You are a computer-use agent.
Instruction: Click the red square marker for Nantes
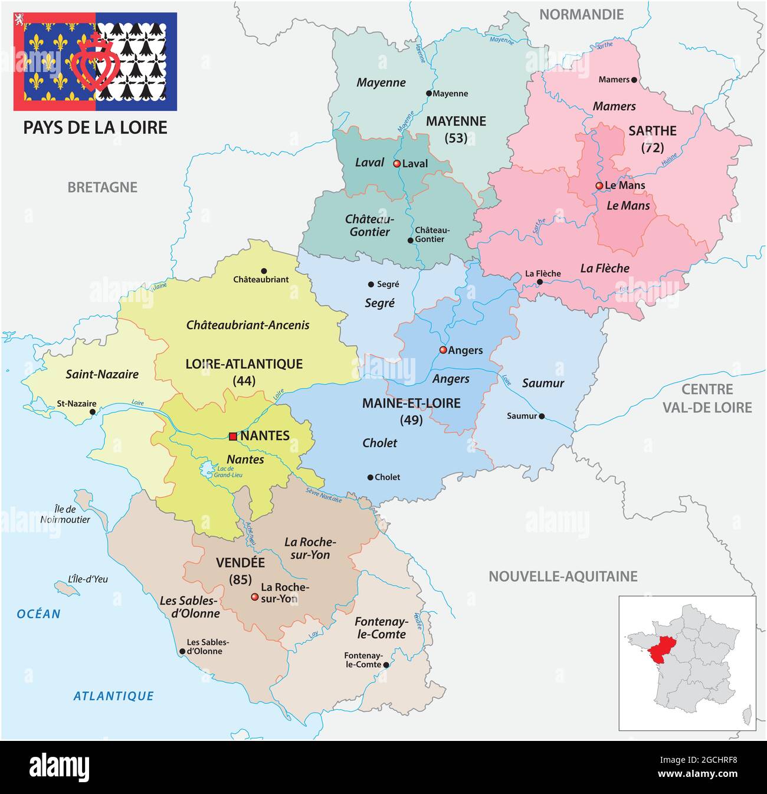[233, 437]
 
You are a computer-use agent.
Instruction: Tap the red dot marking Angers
[443, 350]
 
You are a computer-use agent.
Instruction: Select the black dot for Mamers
[634, 80]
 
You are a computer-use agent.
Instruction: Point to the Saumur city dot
[542, 416]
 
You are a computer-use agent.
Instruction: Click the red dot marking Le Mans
[599, 185]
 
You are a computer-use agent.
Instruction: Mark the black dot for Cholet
[370, 477]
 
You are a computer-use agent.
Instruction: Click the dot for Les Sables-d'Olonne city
[182, 652]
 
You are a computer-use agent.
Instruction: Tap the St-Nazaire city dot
[92, 412]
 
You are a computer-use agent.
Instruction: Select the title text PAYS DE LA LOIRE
[95, 127]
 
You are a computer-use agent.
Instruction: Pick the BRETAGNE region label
[102, 187]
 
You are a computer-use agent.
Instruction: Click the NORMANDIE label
[581, 14]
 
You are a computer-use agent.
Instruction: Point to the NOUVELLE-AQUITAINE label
[563, 576]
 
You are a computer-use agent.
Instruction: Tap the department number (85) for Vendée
[240, 579]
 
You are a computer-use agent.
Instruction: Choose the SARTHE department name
[652, 131]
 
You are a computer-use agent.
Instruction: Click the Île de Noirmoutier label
[65, 514]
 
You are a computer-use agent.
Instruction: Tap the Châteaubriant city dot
[264, 271]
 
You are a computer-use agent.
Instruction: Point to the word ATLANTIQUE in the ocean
[113, 696]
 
